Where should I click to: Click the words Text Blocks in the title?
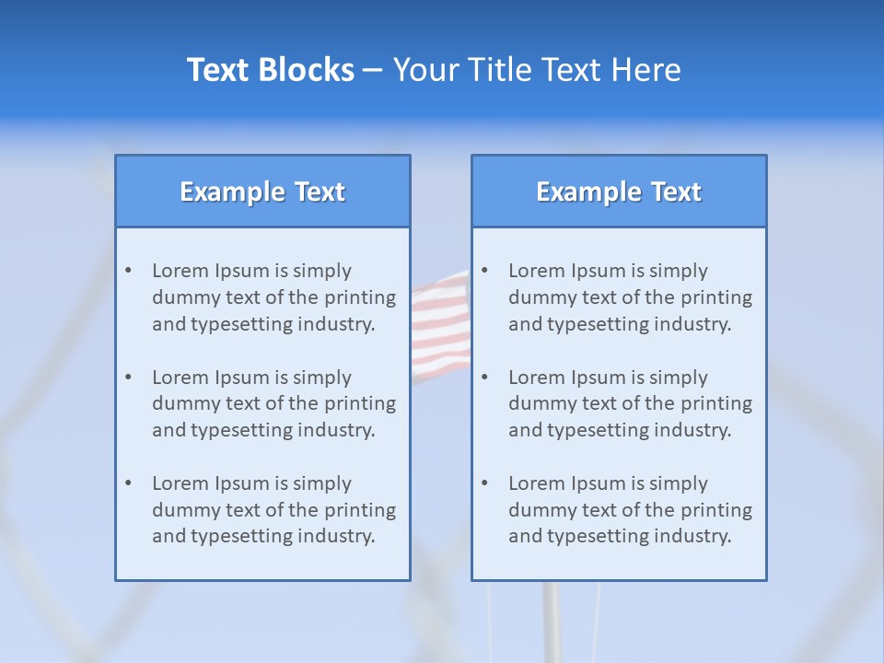tap(270, 70)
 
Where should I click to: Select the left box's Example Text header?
tap(262, 192)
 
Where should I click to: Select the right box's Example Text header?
tap(619, 192)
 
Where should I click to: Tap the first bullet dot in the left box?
tap(128, 271)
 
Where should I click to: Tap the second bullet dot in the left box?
tap(128, 378)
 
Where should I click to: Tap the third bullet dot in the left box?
tap(128, 483)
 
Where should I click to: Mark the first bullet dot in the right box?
tap(484, 271)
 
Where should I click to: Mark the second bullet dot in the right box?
tap(484, 378)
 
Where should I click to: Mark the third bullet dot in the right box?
tap(484, 483)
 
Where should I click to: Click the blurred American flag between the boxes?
tap(440, 327)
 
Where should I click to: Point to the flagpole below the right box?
tap(552, 622)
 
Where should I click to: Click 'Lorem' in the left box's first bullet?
tap(180, 271)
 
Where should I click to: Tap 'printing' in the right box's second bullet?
tap(716, 403)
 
